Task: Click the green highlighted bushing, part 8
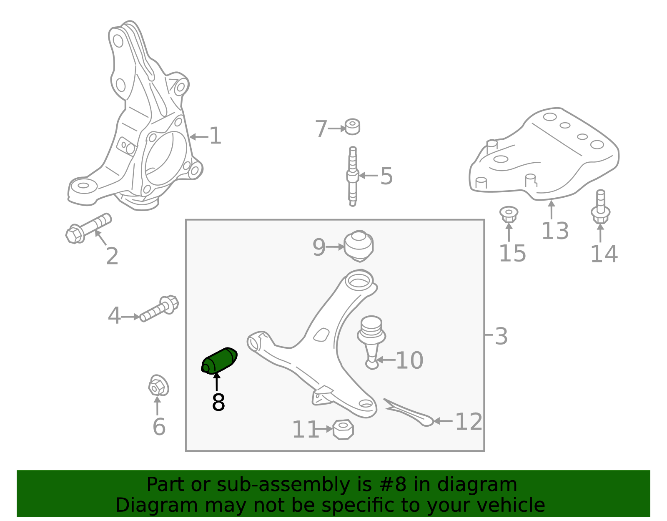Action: pos(219,361)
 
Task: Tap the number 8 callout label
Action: pos(218,402)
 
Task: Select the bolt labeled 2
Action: pos(88,228)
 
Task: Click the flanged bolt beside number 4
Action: pos(159,309)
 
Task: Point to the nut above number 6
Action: pos(158,385)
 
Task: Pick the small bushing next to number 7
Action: pos(352,126)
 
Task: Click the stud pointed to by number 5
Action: pos(353,176)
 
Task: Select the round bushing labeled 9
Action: pos(359,246)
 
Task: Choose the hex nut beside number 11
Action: pos(343,430)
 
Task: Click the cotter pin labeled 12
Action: pos(408,412)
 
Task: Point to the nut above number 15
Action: pos(509,214)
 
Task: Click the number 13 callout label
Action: pos(555,231)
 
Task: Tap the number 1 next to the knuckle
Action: pos(215,136)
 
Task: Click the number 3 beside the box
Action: pos(501,336)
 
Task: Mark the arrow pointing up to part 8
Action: pos(217,382)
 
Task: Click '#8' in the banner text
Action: pos(392,484)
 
